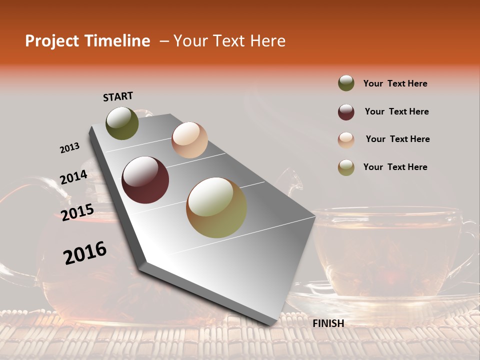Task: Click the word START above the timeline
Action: [118, 96]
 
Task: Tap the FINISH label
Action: [328, 323]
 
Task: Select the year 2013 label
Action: [69, 148]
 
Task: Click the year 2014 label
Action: [73, 177]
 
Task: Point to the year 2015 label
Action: [77, 212]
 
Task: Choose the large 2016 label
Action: [85, 253]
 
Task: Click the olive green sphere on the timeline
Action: [122, 123]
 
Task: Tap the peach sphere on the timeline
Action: [189, 139]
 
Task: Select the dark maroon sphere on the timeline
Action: [145, 180]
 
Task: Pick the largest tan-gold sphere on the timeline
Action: [216, 207]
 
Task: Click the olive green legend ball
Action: [346, 83]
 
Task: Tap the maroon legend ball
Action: [346, 112]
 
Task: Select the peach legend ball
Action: [346, 139]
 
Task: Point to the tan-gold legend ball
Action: [346, 167]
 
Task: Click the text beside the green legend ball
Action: [395, 83]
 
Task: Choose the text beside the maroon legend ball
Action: [396, 111]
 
